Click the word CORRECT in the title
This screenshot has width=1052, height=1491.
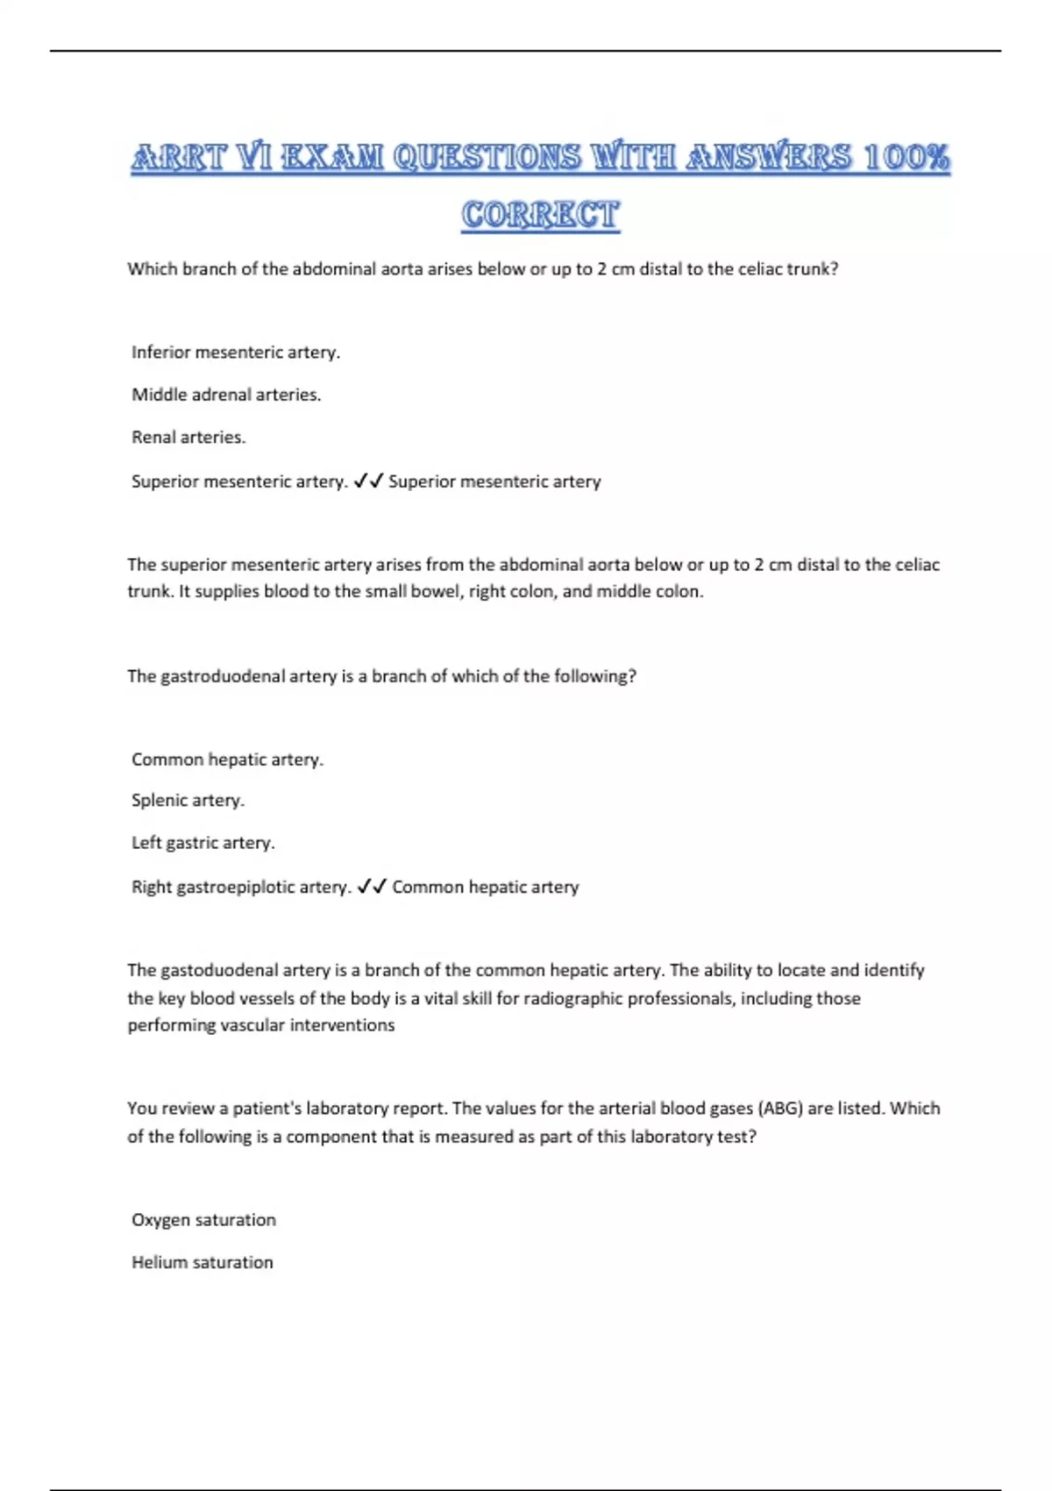pyautogui.click(x=540, y=215)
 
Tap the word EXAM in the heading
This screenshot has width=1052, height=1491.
pyautogui.click(x=333, y=158)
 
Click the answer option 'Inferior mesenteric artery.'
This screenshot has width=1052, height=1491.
pyautogui.click(x=235, y=353)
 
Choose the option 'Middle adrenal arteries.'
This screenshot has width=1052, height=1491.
pyautogui.click(x=226, y=395)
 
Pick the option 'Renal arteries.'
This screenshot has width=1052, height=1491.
pyautogui.click(x=188, y=437)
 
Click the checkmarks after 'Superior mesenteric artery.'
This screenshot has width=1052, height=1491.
pyautogui.click(x=368, y=481)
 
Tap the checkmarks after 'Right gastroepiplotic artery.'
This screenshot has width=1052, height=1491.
pyautogui.click(x=372, y=887)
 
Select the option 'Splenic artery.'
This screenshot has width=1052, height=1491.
pyautogui.click(x=188, y=800)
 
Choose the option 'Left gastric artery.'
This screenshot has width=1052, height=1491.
pyautogui.click(x=203, y=843)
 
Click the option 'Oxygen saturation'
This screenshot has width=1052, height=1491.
pyautogui.click(x=203, y=1220)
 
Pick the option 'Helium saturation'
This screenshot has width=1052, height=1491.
pyautogui.click(x=202, y=1262)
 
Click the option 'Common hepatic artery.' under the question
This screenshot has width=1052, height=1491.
pyautogui.click(x=227, y=760)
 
